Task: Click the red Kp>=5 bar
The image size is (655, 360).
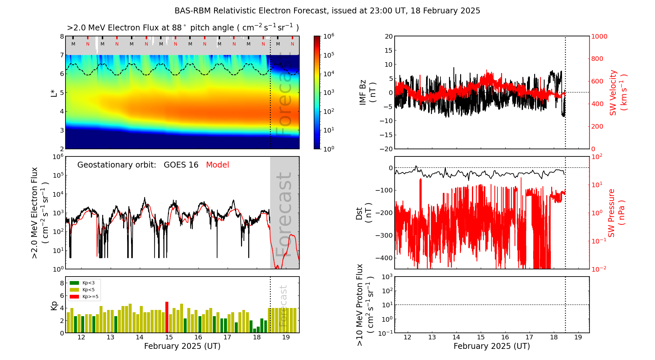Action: tap(167, 317)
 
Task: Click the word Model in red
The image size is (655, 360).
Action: tap(217, 165)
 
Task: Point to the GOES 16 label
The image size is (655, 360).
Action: tap(181, 165)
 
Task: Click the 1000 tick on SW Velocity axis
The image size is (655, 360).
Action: tap(599, 36)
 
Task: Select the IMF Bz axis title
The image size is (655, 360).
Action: tap(367, 93)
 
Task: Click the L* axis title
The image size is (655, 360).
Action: tap(54, 93)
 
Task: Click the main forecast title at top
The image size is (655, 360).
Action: tap(327, 11)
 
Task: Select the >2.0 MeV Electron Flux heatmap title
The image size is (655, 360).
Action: tap(183, 28)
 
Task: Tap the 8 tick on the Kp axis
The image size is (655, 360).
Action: tap(62, 283)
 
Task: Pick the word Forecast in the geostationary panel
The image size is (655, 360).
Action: tap(284, 214)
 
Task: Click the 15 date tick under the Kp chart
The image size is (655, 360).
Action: tap(169, 337)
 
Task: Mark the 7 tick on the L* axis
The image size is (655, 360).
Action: tap(62, 55)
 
